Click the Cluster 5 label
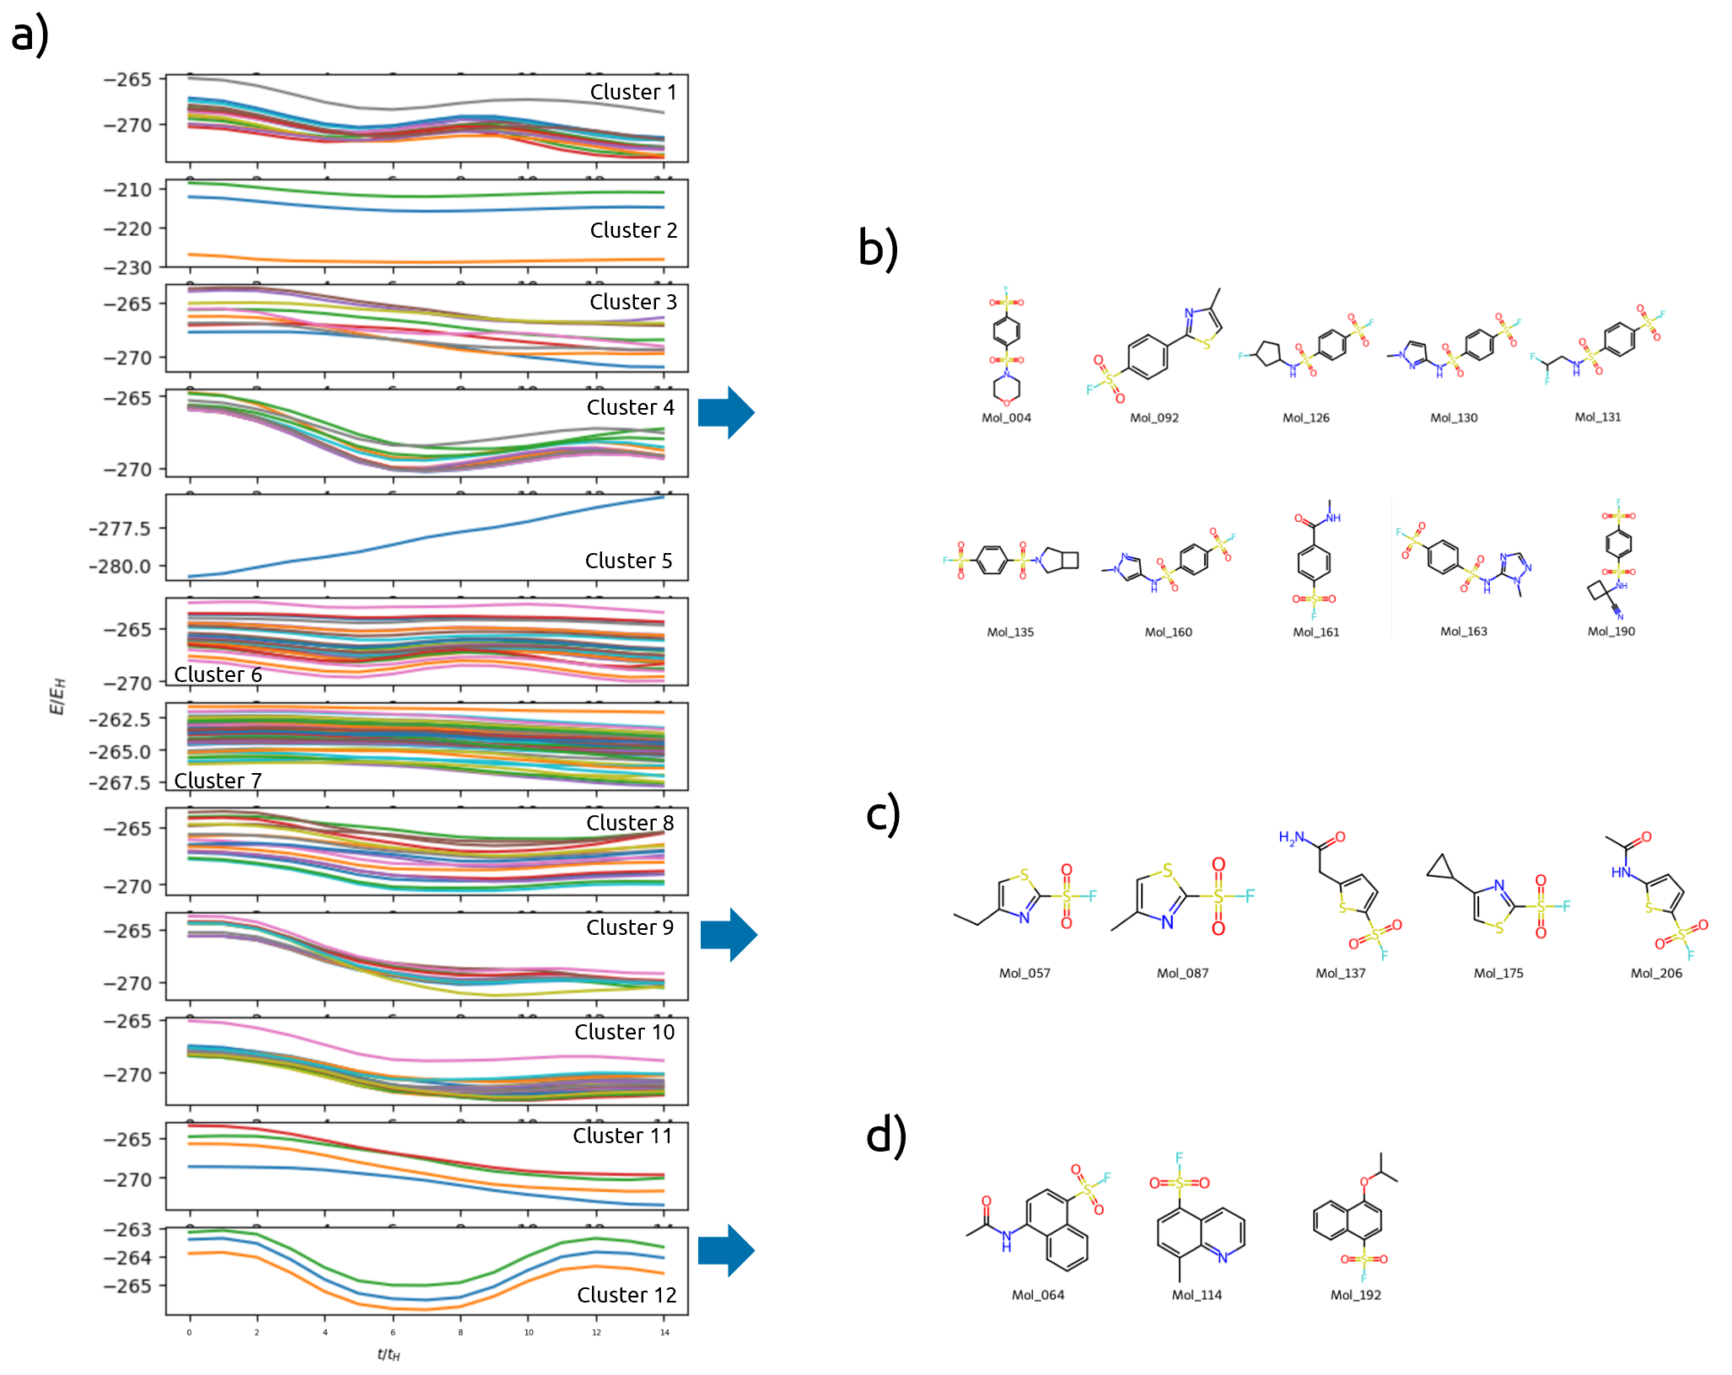coord(628,561)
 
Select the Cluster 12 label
coord(627,1295)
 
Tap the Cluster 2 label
coord(633,230)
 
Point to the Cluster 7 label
coord(218,781)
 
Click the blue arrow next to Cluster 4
coord(726,412)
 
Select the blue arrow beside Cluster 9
coord(729,934)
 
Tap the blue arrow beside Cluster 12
coord(726,1250)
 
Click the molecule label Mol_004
coord(1006,418)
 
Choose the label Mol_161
coord(1315,632)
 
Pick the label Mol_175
coord(1498,973)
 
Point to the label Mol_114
coord(1196,1295)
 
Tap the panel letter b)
coord(878,249)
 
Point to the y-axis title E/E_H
coord(57,696)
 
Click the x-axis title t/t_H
coord(388,1355)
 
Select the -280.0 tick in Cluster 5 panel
coord(120,567)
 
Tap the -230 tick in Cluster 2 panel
coord(127,268)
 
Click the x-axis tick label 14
coord(664,1333)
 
